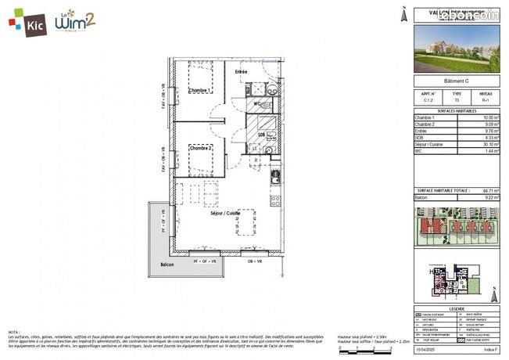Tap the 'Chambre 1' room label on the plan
[198, 91]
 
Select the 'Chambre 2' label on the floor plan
[201, 148]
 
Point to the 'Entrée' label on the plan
[242, 73]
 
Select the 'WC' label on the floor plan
[256, 103]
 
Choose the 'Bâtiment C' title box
[456, 81]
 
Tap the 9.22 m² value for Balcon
[489, 197]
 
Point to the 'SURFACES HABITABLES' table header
[456, 110]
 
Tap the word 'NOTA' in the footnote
[14, 331]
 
